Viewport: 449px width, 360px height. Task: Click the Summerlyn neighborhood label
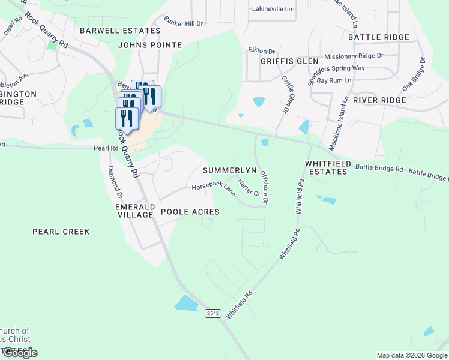click(x=229, y=170)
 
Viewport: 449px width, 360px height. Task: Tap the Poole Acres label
click(x=190, y=212)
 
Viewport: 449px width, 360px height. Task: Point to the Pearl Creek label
click(x=61, y=232)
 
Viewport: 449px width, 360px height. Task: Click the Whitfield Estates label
click(x=326, y=167)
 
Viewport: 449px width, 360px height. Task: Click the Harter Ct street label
click(x=249, y=188)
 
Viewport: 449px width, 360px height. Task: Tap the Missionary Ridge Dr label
click(x=354, y=56)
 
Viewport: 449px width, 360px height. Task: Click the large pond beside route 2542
click(x=187, y=304)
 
